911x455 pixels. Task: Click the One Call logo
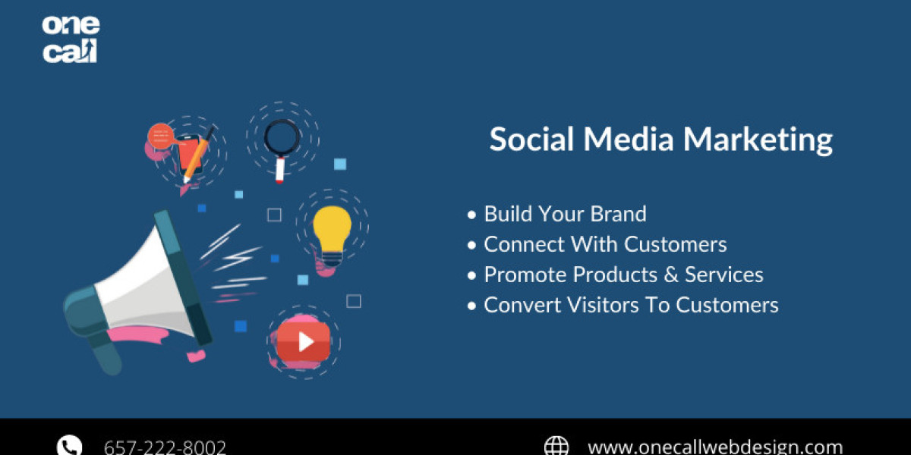coord(71,39)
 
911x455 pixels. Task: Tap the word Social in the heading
coord(531,139)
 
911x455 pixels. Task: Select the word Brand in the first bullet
coord(618,214)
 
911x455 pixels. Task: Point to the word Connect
coord(524,244)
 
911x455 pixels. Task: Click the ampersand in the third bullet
coord(671,275)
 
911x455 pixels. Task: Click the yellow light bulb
coord(332,236)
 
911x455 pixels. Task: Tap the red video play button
coord(304,342)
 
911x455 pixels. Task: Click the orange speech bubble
coord(161,136)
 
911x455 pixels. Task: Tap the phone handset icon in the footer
coord(70,446)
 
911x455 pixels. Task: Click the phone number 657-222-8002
coord(165,447)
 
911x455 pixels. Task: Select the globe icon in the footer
coord(556,446)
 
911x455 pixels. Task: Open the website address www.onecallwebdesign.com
coord(715,447)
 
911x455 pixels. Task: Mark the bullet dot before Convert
coord(471,306)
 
